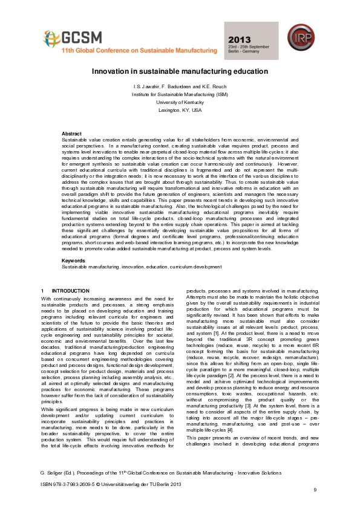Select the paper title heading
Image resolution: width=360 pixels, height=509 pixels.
(x=180, y=71)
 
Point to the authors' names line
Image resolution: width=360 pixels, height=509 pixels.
(x=180, y=88)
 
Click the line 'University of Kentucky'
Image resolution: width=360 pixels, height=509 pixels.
(x=180, y=103)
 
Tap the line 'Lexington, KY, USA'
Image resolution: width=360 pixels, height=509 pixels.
(x=180, y=111)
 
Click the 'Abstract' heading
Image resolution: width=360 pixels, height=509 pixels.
(x=72, y=134)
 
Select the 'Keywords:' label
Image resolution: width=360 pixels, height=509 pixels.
(x=73, y=261)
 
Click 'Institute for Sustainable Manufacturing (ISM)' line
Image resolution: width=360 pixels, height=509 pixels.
(x=180, y=96)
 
